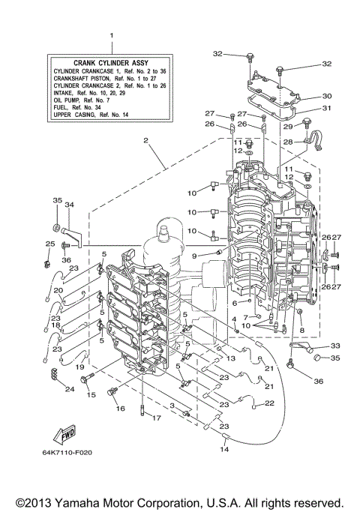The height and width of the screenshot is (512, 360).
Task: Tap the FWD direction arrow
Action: click(62, 435)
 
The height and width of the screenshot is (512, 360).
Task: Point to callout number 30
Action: click(327, 96)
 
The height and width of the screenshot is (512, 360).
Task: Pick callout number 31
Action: click(327, 108)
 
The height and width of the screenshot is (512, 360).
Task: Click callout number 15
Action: click(91, 394)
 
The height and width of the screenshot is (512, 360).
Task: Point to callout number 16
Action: click(120, 409)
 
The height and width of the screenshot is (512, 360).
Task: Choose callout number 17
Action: click(156, 419)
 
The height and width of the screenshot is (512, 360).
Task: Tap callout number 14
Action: click(224, 449)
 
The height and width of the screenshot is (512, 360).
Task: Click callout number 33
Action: click(334, 346)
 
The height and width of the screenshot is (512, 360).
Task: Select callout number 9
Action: click(193, 256)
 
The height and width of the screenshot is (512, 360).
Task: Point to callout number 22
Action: click(270, 403)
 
